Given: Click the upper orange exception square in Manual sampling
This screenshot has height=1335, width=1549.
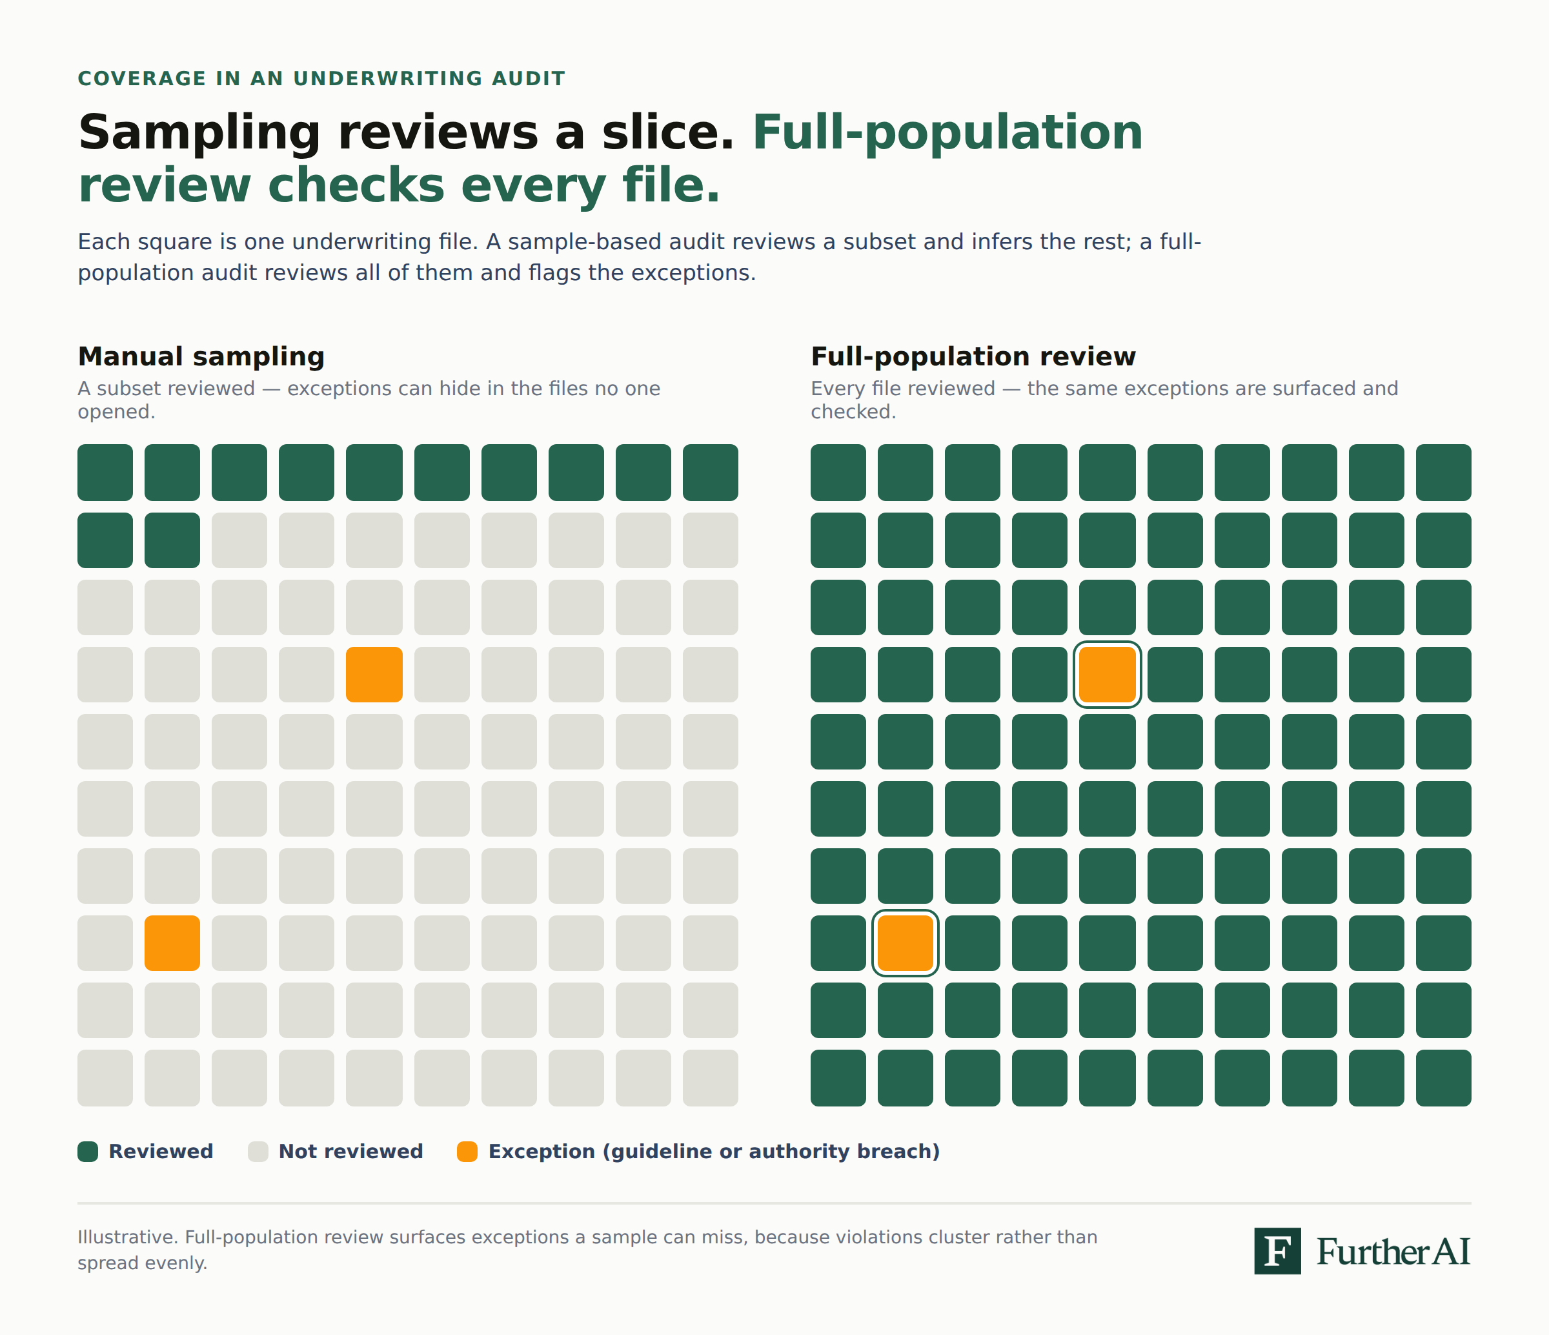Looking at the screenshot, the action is tap(374, 675).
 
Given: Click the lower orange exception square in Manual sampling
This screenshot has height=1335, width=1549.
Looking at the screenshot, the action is tap(172, 943).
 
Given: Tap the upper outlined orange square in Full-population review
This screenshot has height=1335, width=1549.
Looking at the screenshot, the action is tap(1107, 675).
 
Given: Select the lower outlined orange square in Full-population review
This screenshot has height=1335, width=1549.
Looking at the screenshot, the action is tap(906, 943).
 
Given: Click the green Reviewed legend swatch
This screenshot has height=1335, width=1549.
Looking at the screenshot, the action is tap(88, 1152).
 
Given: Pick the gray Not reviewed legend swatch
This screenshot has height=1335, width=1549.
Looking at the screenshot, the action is tap(258, 1152).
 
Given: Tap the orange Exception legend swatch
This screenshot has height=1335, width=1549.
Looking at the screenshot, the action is tap(467, 1152).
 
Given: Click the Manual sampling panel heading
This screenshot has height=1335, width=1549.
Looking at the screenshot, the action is tap(201, 357).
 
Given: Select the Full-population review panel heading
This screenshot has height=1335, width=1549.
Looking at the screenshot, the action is tap(973, 357).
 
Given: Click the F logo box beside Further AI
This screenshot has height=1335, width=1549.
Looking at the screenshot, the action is tap(1278, 1250).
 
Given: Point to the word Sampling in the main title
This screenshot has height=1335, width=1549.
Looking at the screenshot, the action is tap(199, 134).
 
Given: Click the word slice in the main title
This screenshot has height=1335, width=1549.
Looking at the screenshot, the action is tap(667, 132).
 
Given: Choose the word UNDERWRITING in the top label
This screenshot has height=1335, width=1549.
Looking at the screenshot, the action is tap(388, 79).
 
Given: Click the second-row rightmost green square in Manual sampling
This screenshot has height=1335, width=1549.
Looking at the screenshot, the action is tap(172, 540).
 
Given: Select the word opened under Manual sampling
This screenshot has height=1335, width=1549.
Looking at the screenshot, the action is tap(117, 412).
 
